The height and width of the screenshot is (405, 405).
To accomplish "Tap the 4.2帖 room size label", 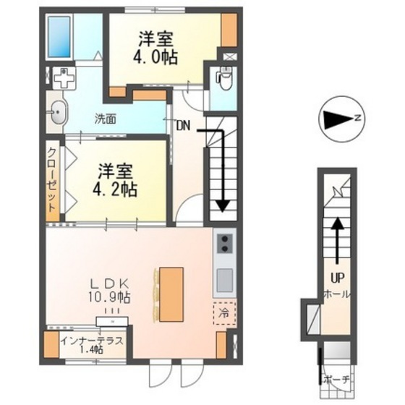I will pyautogui.click(x=116, y=189).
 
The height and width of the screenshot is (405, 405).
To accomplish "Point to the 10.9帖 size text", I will pyautogui.click(x=110, y=297).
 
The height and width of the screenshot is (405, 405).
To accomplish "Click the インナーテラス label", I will pyautogui.click(x=92, y=341).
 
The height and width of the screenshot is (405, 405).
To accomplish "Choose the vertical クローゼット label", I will pyautogui.click(x=53, y=179).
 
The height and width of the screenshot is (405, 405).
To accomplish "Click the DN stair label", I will pyautogui.click(x=182, y=124).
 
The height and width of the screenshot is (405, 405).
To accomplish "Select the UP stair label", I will pyautogui.click(x=337, y=277).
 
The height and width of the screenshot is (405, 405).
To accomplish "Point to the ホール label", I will pyautogui.click(x=337, y=294).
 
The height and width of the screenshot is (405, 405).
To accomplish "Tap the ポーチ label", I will pyautogui.click(x=337, y=379).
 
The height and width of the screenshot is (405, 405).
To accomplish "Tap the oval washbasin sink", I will pyautogui.click(x=58, y=112).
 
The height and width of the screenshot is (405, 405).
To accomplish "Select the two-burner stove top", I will pyautogui.click(x=224, y=244).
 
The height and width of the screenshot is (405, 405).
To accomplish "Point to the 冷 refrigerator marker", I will pyautogui.click(x=223, y=315).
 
